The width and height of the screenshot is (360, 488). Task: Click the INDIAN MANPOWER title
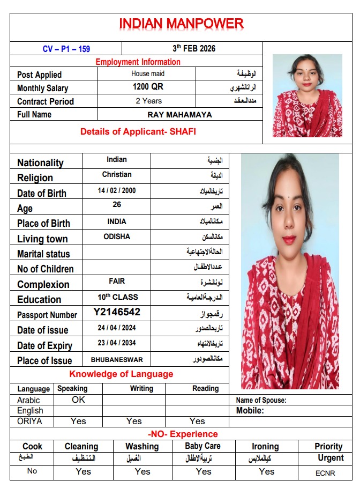[x=181, y=24]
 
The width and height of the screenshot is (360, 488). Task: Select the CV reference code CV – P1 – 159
[x=66, y=49]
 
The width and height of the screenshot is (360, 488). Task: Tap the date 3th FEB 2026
[x=194, y=48]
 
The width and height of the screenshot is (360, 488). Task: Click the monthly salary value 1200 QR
[x=148, y=86]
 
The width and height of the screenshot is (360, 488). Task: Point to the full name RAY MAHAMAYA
[x=179, y=114]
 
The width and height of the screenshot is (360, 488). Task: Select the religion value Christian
[x=117, y=175]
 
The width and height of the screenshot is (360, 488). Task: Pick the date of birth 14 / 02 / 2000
[x=117, y=190]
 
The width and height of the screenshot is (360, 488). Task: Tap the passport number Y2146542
[x=117, y=312]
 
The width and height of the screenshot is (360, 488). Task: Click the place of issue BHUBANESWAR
[x=117, y=359]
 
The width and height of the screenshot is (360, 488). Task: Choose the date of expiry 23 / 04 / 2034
[x=117, y=343]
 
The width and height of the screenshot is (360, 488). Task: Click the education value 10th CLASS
[x=117, y=297]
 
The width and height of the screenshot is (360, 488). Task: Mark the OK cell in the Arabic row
[x=78, y=400]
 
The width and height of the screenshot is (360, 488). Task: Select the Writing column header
[x=141, y=388]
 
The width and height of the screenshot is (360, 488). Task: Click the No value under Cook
[x=32, y=471]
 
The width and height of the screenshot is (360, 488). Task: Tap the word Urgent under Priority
[x=331, y=458]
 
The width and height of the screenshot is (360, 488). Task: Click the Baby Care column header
[x=202, y=446]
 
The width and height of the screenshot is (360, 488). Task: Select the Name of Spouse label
[x=261, y=400]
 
